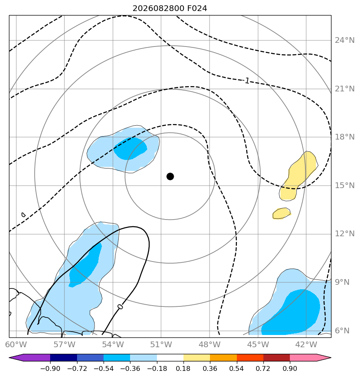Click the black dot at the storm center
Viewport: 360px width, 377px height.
170,177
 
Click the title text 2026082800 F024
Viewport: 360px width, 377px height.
170,9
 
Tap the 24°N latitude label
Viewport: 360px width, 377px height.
345,40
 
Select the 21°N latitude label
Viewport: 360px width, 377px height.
345,89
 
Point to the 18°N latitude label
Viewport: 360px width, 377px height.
345,137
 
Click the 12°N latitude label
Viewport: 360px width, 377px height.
345,234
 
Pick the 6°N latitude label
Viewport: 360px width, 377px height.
342,331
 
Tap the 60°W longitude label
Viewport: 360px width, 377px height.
16,344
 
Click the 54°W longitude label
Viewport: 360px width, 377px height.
113,344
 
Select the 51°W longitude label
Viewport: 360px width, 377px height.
161,344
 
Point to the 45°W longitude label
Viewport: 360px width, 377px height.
258,344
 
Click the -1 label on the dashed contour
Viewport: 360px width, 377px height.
246,81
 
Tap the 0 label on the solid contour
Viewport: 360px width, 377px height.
120,306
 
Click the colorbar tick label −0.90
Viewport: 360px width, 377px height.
50,368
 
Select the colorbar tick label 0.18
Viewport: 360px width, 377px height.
183,368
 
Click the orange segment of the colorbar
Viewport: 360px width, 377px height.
223,357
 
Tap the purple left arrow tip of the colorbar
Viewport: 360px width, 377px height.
10,357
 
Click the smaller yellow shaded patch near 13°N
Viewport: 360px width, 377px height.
281,213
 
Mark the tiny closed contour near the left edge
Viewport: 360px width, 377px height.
23,215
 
